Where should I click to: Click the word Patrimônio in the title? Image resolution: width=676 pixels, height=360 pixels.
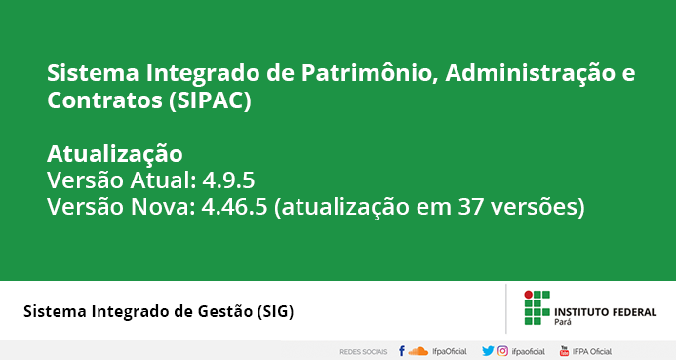point(367,73)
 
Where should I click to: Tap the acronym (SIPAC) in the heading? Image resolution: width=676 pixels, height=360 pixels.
point(210,100)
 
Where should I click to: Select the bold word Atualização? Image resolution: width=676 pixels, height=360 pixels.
point(115,154)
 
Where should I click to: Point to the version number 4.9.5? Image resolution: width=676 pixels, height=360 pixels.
point(228,180)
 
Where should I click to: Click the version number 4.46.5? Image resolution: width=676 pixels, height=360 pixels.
point(234,207)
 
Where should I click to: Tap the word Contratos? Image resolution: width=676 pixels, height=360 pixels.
point(104,100)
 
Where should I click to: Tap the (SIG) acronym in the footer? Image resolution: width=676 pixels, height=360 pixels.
point(275,311)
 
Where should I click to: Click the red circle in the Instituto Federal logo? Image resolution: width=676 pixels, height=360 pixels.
point(528,295)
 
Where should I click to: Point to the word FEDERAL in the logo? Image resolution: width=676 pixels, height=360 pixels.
point(631,312)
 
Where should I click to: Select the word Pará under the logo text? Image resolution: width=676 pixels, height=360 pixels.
point(563,322)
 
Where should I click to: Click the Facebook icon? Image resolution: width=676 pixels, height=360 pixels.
point(402,351)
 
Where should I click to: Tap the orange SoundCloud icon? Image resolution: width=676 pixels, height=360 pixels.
point(418,351)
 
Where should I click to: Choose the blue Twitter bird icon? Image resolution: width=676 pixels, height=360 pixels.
point(488,351)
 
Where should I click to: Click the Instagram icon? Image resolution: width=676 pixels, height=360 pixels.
point(502,351)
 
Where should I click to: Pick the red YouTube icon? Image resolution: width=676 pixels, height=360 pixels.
point(564,351)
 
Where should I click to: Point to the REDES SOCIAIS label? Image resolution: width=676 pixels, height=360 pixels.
point(364,352)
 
